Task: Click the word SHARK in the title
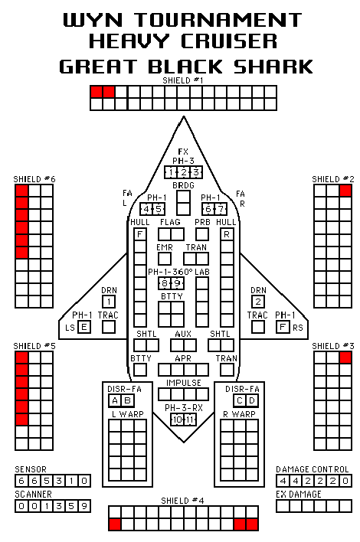[273, 67]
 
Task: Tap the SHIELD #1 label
[183, 80]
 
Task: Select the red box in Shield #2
[345, 191]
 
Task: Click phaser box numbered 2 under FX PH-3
[184, 172]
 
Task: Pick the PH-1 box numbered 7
[221, 209]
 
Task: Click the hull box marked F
[139, 234]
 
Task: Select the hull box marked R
[227, 234]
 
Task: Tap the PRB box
[202, 234]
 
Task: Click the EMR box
[165, 259]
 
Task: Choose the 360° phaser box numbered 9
[178, 283]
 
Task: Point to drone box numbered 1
[109, 302]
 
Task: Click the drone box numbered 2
[258, 302]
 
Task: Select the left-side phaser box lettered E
[84, 327]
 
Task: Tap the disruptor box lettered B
[127, 400]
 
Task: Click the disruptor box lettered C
[240, 400]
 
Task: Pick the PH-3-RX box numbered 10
[178, 420]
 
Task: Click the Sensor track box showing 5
[47, 481]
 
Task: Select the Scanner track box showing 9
[84, 506]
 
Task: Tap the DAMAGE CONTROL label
[313, 469]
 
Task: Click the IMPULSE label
[184, 383]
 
